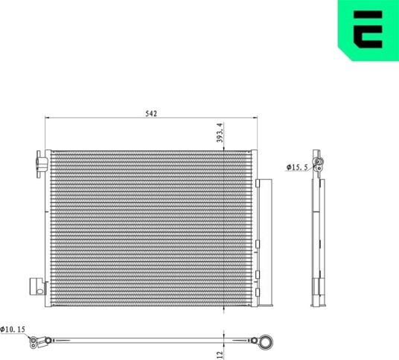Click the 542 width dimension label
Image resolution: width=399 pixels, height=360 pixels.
[x=151, y=114]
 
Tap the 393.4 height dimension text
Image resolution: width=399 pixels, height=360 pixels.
[x=220, y=132]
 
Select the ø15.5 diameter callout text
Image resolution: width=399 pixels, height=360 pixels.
[x=297, y=167]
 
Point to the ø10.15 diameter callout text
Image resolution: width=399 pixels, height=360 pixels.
[x=13, y=330]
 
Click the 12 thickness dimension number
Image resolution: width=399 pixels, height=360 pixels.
[x=220, y=354]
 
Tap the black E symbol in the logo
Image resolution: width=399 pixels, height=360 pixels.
[x=368, y=30]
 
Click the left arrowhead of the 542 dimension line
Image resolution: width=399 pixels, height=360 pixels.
[x=48, y=118]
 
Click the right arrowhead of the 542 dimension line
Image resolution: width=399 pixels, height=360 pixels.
[x=255, y=118]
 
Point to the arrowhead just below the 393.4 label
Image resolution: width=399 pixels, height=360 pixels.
[x=223, y=149]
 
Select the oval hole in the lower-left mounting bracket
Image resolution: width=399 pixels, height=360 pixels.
[x=40, y=292]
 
